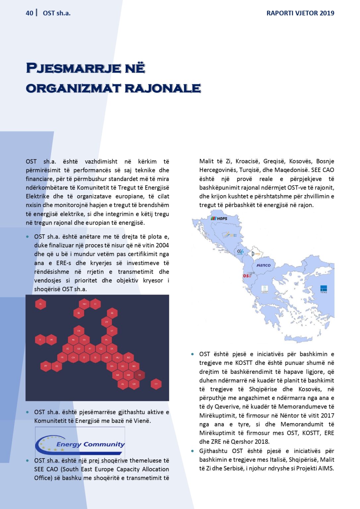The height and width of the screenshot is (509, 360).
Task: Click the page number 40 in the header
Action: (30, 13)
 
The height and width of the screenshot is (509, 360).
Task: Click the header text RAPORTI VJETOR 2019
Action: (300, 13)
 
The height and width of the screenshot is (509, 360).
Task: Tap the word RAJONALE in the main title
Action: (163, 88)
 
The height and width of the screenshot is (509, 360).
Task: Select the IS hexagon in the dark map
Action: (40, 304)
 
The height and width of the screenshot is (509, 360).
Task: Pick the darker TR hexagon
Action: (140, 375)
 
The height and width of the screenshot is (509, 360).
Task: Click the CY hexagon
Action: (156, 384)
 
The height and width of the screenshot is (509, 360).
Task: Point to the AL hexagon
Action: (123, 384)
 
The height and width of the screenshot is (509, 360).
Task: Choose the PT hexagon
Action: (46, 366)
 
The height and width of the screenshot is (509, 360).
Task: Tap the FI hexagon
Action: (95, 304)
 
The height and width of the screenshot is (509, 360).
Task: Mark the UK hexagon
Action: (51, 340)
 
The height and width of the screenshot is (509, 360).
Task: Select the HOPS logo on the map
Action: (219, 218)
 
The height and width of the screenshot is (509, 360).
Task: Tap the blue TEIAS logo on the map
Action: (324, 289)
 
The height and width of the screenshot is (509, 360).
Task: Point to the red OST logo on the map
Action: (247, 275)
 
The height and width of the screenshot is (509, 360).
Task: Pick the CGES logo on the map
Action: (240, 252)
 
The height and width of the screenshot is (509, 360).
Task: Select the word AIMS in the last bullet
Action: (326, 468)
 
